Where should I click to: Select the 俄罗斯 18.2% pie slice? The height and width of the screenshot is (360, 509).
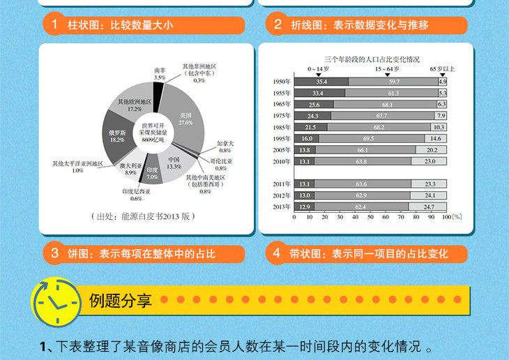117,135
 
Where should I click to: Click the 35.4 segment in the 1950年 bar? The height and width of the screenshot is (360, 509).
321,82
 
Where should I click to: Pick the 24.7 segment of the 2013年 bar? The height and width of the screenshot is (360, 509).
429,207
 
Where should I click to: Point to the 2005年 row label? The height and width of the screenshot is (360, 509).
282,150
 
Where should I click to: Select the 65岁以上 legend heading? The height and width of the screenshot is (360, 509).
441,69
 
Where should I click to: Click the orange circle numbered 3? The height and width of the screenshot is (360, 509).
54,253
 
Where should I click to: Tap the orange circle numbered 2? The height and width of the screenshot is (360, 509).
277,25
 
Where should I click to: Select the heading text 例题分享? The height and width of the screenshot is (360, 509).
121,301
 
